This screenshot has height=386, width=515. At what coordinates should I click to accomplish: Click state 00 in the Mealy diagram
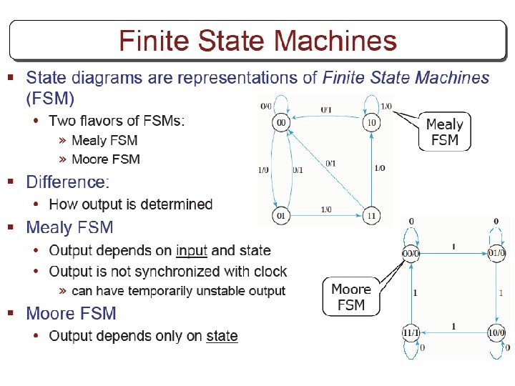281,123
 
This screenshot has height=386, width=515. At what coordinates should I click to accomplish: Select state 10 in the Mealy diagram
371,123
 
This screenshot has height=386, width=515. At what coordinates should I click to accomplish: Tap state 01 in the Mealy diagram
281,215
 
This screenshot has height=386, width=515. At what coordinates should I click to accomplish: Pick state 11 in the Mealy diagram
371,215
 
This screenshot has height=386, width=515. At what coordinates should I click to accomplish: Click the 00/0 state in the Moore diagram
411,252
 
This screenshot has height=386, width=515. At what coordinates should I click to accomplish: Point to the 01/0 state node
497,252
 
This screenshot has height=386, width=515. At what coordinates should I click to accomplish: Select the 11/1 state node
411,334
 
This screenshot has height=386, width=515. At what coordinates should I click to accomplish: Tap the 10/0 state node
497,334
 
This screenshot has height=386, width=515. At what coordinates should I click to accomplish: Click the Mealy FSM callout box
444,132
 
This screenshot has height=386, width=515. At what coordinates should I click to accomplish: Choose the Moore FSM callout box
350,297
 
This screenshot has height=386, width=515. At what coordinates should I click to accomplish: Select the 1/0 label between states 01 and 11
325,209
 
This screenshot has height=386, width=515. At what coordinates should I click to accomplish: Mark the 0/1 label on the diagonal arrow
330,164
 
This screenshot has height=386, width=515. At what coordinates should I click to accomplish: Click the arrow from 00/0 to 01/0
453,252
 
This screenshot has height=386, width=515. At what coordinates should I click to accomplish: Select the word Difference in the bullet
65,182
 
